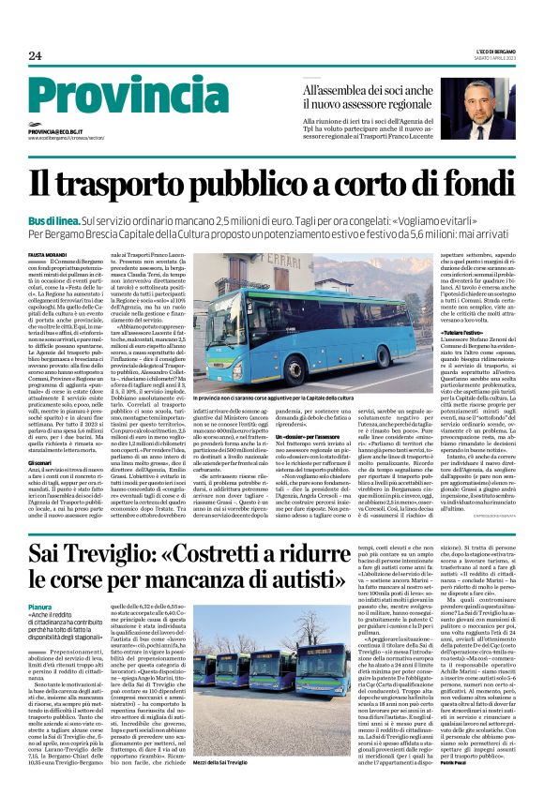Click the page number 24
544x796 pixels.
(35, 56)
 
